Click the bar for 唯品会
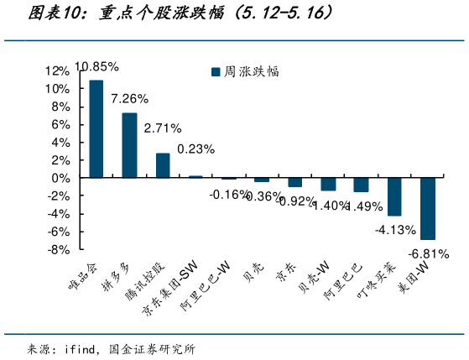96,129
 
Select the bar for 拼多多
129,145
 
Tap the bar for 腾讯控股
163,165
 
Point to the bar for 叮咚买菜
394,196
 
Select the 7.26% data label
129,98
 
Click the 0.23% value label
195,149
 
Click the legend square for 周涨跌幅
215,72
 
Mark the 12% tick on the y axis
57,70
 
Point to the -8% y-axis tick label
57,249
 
